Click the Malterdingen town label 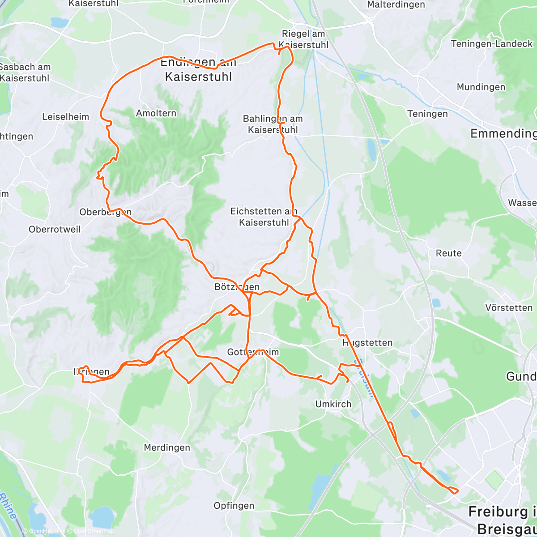[396, 5]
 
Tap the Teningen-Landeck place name [491, 44]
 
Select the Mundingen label [481, 87]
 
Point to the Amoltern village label [156, 113]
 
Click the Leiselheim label [65, 117]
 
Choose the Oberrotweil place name [55, 230]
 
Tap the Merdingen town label [166, 447]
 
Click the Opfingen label [234, 506]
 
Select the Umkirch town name [333, 404]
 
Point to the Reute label [448, 253]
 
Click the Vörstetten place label [509, 308]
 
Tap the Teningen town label [427, 114]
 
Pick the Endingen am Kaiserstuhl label [198, 70]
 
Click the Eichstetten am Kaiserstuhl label [264, 217]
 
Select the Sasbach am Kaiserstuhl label [25, 72]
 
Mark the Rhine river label [8, 506]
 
